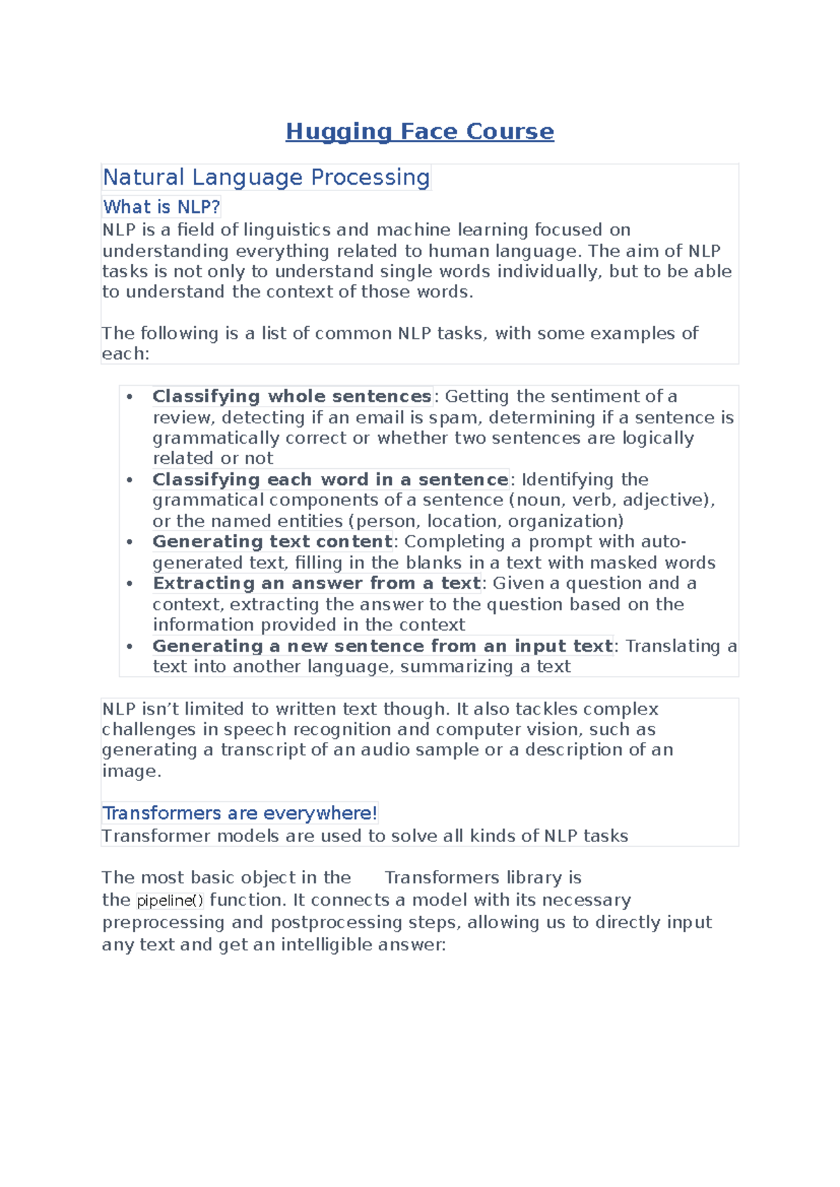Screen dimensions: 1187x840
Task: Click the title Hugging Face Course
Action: tap(419, 132)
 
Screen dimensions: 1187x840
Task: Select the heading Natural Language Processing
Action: tap(266, 177)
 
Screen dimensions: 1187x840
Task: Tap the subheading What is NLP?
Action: tap(162, 207)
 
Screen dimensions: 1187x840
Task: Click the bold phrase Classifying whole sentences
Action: tap(292, 396)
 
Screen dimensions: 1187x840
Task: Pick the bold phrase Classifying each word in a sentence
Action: tap(330, 479)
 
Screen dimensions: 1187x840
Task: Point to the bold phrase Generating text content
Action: tap(272, 542)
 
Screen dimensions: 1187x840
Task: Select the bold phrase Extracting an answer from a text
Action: tap(317, 583)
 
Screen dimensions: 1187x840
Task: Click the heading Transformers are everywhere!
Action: tap(239, 813)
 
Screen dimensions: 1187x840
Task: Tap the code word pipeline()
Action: tap(169, 901)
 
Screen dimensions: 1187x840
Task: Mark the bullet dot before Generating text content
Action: tap(129, 542)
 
